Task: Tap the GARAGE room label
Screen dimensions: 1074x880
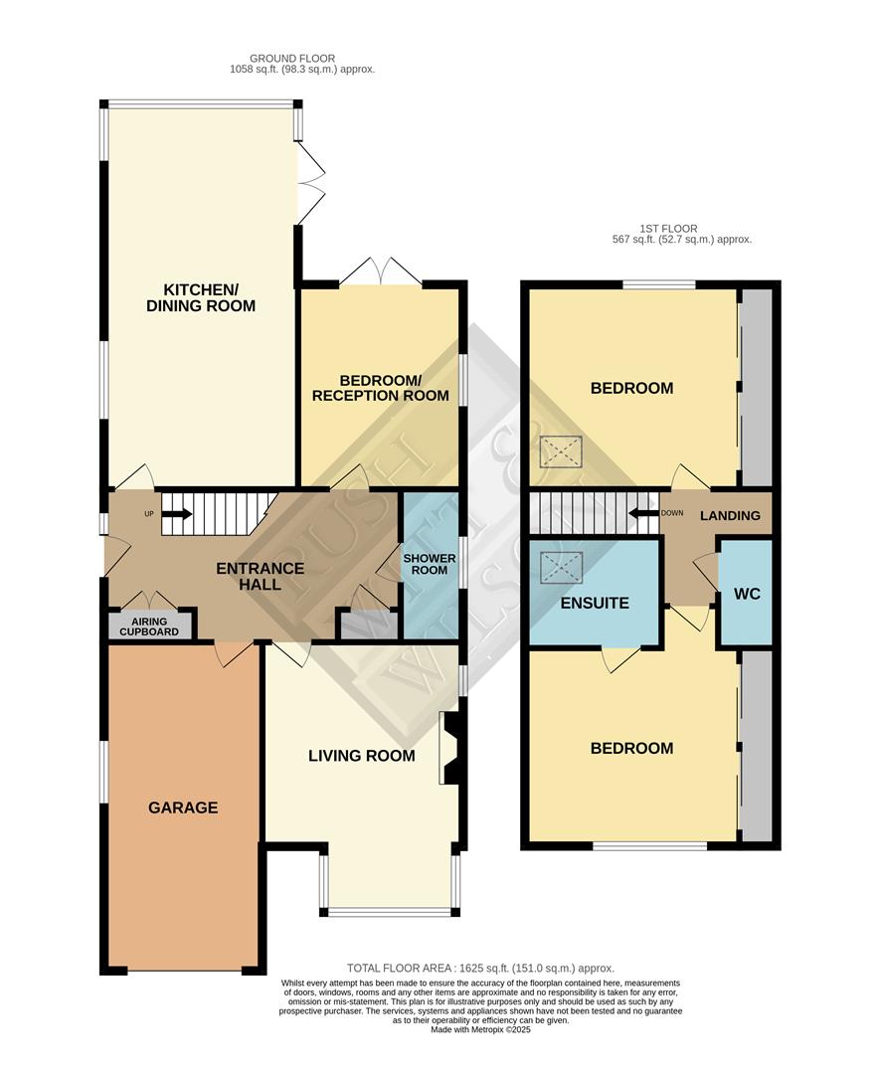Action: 183,807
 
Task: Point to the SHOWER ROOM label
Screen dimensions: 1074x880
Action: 429,565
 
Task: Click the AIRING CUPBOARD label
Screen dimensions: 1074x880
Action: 150,626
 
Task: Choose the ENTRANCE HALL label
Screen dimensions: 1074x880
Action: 261,577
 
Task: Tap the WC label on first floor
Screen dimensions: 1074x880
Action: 746,593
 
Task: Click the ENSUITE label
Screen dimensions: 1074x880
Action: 595,603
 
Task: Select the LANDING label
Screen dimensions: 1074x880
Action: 730,515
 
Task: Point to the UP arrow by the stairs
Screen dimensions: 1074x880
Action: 175,514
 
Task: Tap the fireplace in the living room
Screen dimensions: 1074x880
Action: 449,748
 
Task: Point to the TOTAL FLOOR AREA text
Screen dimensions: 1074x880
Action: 480,968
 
